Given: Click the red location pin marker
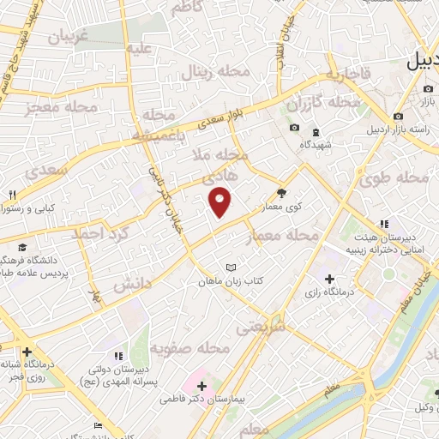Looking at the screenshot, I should [221, 201].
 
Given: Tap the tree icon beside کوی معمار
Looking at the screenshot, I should [282, 193].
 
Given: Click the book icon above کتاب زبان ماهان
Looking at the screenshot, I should [229, 268].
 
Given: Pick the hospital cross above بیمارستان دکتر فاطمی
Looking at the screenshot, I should [201, 387].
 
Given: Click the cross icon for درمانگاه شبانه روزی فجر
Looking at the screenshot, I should [27, 352].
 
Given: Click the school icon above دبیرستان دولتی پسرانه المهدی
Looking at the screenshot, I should [118, 353].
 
